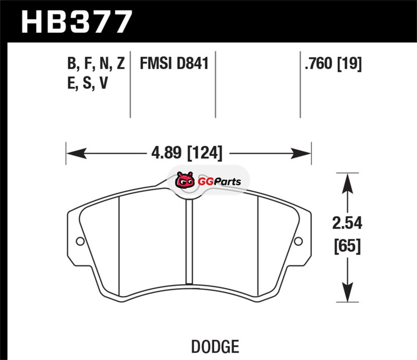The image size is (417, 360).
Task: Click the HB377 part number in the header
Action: click(x=76, y=21)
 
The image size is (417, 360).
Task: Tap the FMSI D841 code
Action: click(x=174, y=63)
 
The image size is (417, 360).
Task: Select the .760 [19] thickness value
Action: click(x=334, y=64)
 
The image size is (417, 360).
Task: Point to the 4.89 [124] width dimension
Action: click(x=187, y=153)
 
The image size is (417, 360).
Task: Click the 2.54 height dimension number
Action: click(x=347, y=223)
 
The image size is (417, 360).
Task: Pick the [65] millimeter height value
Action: click(x=347, y=246)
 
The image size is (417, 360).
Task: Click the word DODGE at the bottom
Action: click(x=215, y=346)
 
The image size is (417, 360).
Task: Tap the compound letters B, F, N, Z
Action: click(x=96, y=64)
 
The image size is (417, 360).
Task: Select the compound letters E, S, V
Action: click(x=88, y=83)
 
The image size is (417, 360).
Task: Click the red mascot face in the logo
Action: click(x=185, y=180)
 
